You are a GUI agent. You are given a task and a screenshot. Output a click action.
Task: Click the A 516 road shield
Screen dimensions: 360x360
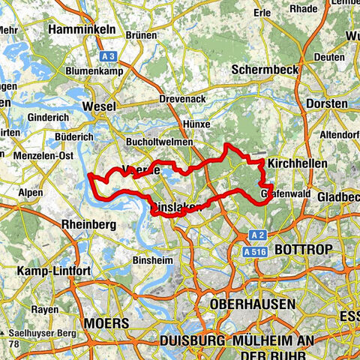(x=256, y=252)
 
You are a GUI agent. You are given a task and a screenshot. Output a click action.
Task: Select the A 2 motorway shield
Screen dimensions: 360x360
(x=258, y=234)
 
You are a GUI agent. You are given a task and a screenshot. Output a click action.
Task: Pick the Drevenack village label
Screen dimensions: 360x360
(x=182, y=99)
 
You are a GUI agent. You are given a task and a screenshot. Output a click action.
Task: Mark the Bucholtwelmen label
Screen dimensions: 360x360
(x=160, y=141)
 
